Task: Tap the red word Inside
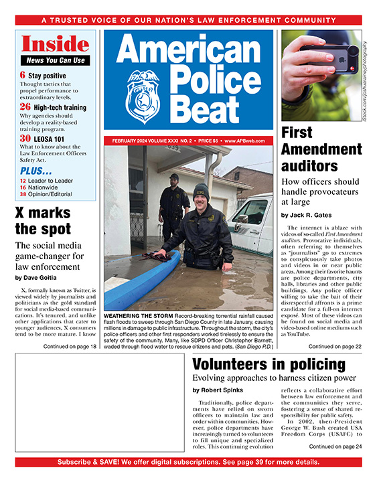54,44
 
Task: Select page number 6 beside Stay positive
23,76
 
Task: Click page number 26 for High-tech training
25,106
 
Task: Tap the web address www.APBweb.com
248,141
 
